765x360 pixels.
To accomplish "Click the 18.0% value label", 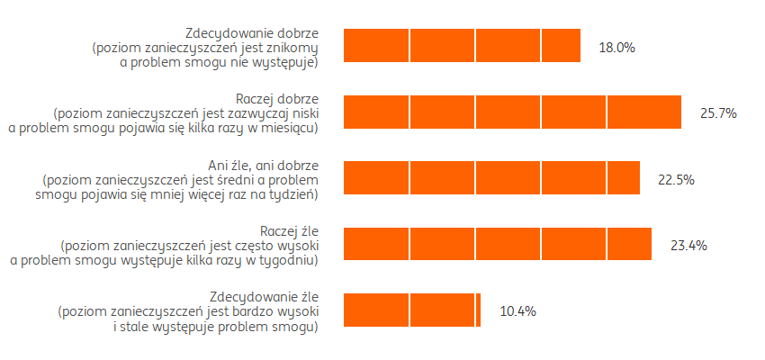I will click(617, 47).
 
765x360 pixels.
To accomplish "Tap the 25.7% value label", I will click(718, 113).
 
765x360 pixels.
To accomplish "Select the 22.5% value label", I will click(676, 179).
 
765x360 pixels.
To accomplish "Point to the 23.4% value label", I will click(688, 245).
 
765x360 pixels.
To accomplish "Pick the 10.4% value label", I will click(517, 311).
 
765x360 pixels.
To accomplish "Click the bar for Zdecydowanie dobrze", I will click(462, 46).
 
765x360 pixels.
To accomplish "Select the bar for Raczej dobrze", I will click(512, 112).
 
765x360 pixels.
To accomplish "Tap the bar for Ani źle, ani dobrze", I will click(491, 178).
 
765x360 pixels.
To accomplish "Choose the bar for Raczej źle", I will click(498, 244).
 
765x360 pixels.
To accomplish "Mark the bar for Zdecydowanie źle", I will click(412, 310).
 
